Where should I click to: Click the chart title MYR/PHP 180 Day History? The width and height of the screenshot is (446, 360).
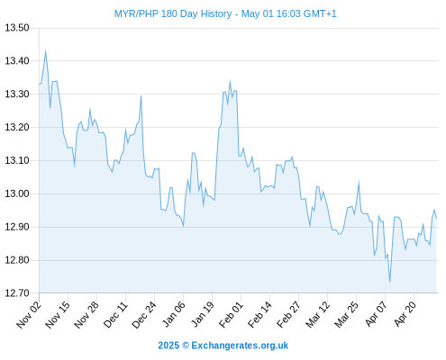[x=173, y=13]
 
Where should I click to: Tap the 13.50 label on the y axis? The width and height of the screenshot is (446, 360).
[x=17, y=28]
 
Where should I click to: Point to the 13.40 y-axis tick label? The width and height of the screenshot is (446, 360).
[x=17, y=61]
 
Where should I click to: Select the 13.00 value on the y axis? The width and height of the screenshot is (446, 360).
[x=17, y=193]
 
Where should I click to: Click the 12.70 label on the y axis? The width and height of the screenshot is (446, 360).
[x=17, y=293]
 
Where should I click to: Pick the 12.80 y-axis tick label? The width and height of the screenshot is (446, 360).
[x=17, y=260]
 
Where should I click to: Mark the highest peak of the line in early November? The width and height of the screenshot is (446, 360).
[x=45, y=50]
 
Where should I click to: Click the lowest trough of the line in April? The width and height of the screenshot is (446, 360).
[x=389, y=282]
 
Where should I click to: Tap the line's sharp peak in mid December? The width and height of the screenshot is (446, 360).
[x=141, y=96]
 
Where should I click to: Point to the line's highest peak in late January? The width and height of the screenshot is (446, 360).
[x=230, y=81]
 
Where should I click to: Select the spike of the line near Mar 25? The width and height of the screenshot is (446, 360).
[x=359, y=182]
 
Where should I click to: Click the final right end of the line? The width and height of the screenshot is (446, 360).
[x=436, y=218]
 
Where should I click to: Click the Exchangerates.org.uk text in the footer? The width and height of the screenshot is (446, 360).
[x=240, y=346]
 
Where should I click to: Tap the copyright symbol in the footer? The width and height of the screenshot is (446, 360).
[x=186, y=346]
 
